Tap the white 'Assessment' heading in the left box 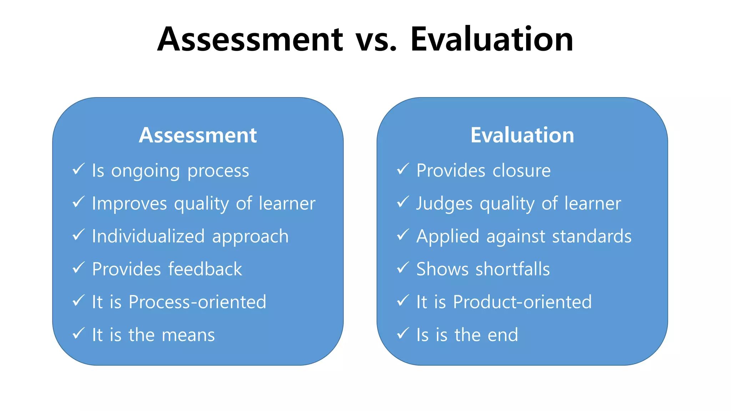(x=198, y=135)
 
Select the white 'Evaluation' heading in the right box (x=522, y=135)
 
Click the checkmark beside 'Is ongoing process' (x=79, y=169)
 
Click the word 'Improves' (x=129, y=204)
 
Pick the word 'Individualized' (x=148, y=236)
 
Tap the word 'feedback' (x=205, y=269)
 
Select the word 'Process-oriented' (x=197, y=302)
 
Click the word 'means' (x=188, y=335)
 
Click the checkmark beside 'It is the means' (x=79, y=334)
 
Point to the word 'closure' (x=521, y=171)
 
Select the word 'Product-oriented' (x=522, y=302)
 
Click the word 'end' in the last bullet (x=503, y=335)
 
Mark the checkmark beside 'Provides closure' (x=403, y=169)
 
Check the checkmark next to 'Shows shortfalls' (x=403, y=268)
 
